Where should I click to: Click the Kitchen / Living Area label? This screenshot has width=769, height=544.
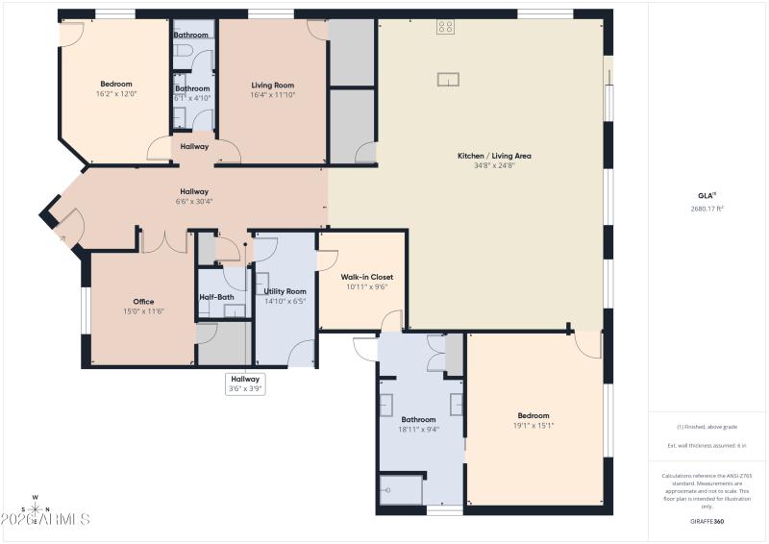click(494, 156)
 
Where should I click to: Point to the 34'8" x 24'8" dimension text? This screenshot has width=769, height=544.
click(494, 166)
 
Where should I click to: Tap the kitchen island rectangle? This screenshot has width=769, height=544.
click(449, 79)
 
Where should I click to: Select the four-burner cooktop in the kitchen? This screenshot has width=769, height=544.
click(445, 27)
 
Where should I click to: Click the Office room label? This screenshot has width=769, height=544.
click(143, 302)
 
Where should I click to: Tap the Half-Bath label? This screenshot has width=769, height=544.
click(216, 297)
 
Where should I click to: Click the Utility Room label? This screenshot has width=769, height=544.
click(285, 291)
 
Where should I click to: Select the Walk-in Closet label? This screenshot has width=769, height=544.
click(367, 277)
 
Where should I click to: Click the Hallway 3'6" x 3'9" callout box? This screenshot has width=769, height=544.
click(245, 383)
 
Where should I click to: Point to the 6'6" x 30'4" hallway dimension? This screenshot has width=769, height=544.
click(194, 202)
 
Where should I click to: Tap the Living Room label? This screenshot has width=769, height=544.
click(273, 85)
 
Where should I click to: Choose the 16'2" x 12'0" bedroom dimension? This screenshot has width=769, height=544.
click(115, 94)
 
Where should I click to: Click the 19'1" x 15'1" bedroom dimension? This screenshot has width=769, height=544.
click(533, 426)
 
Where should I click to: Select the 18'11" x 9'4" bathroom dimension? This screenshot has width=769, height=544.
click(418, 430)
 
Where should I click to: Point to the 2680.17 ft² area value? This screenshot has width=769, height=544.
click(707, 209)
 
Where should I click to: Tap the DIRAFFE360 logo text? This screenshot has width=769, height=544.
click(707, 520)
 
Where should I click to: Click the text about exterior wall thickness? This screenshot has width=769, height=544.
click(707, 446)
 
